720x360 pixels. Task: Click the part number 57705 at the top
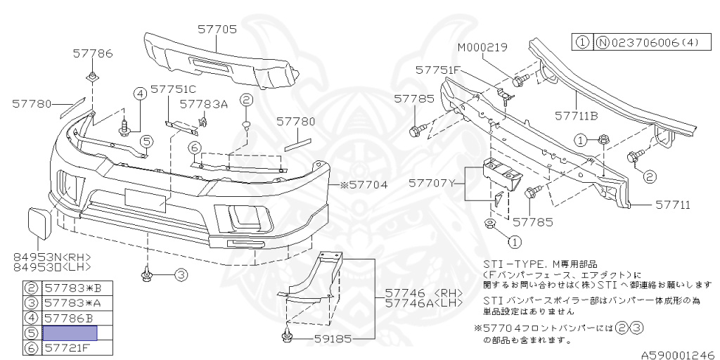pyautogui.click(x=217, y=30)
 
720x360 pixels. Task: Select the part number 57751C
pyautogui.click(x=173, y=90)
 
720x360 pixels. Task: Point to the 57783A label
pyautogui.click(x=204, y=103)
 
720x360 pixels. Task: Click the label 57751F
pyautogui.click(x=437, y=70)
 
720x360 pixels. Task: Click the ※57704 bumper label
pyautogui.click(x=364, y=186)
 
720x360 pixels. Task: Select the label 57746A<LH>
pyautogui.click(x=424, y=302)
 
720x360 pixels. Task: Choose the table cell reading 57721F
pyautogui.click(x=70, y=347)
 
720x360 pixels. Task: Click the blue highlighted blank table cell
pyautogui.click(x=70, y=333)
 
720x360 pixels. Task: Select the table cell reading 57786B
pyautogui.click(x=70, y=318)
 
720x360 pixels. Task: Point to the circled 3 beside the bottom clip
pyautogui.click(x=181, y=275)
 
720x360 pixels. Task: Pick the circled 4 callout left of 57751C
pyautogui.click(x=139, y=94)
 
